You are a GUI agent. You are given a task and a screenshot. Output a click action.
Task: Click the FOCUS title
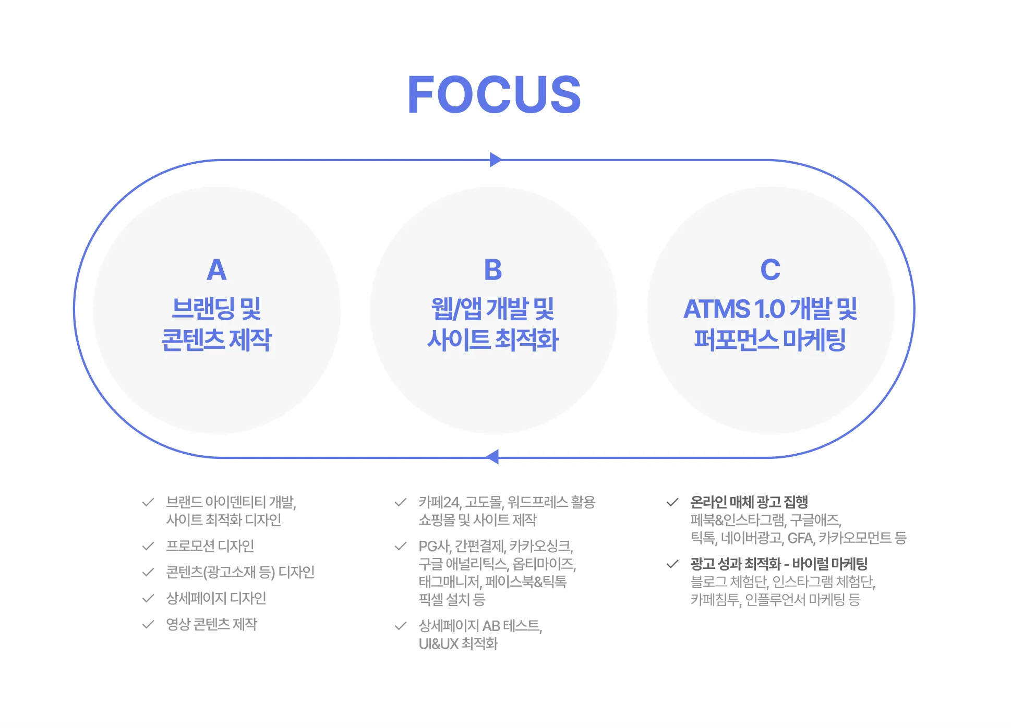[494, 94]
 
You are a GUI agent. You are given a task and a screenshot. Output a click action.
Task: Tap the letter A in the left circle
[216, 270]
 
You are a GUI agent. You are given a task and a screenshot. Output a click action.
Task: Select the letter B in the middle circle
[493, 270]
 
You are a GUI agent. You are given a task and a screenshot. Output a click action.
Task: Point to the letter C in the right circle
[770, 270]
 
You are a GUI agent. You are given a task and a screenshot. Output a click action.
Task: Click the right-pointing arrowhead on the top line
[496, 160]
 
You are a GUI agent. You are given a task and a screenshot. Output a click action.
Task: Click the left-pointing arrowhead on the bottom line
[492, 457]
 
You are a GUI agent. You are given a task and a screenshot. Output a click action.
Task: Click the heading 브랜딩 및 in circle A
[216, 309]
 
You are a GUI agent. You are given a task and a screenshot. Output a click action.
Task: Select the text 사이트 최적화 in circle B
[493, 339]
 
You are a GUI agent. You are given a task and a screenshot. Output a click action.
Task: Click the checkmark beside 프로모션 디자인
[148, 546]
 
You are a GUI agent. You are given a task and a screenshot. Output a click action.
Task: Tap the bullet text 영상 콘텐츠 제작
[211, 624]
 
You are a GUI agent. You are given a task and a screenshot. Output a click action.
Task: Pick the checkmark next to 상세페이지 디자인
[148, 598]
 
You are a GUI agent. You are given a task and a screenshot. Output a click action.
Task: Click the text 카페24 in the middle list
[439, 502]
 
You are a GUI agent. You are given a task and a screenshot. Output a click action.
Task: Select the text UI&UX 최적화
[458, 644]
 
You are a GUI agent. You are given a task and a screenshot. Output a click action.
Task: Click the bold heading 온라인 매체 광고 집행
[749, 502]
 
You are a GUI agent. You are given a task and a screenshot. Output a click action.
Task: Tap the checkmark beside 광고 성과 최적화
[672, 564]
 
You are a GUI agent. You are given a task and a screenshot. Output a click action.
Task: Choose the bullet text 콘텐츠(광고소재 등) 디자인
[240, 572]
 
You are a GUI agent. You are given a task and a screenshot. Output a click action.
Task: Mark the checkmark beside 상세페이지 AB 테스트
[401, 626]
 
